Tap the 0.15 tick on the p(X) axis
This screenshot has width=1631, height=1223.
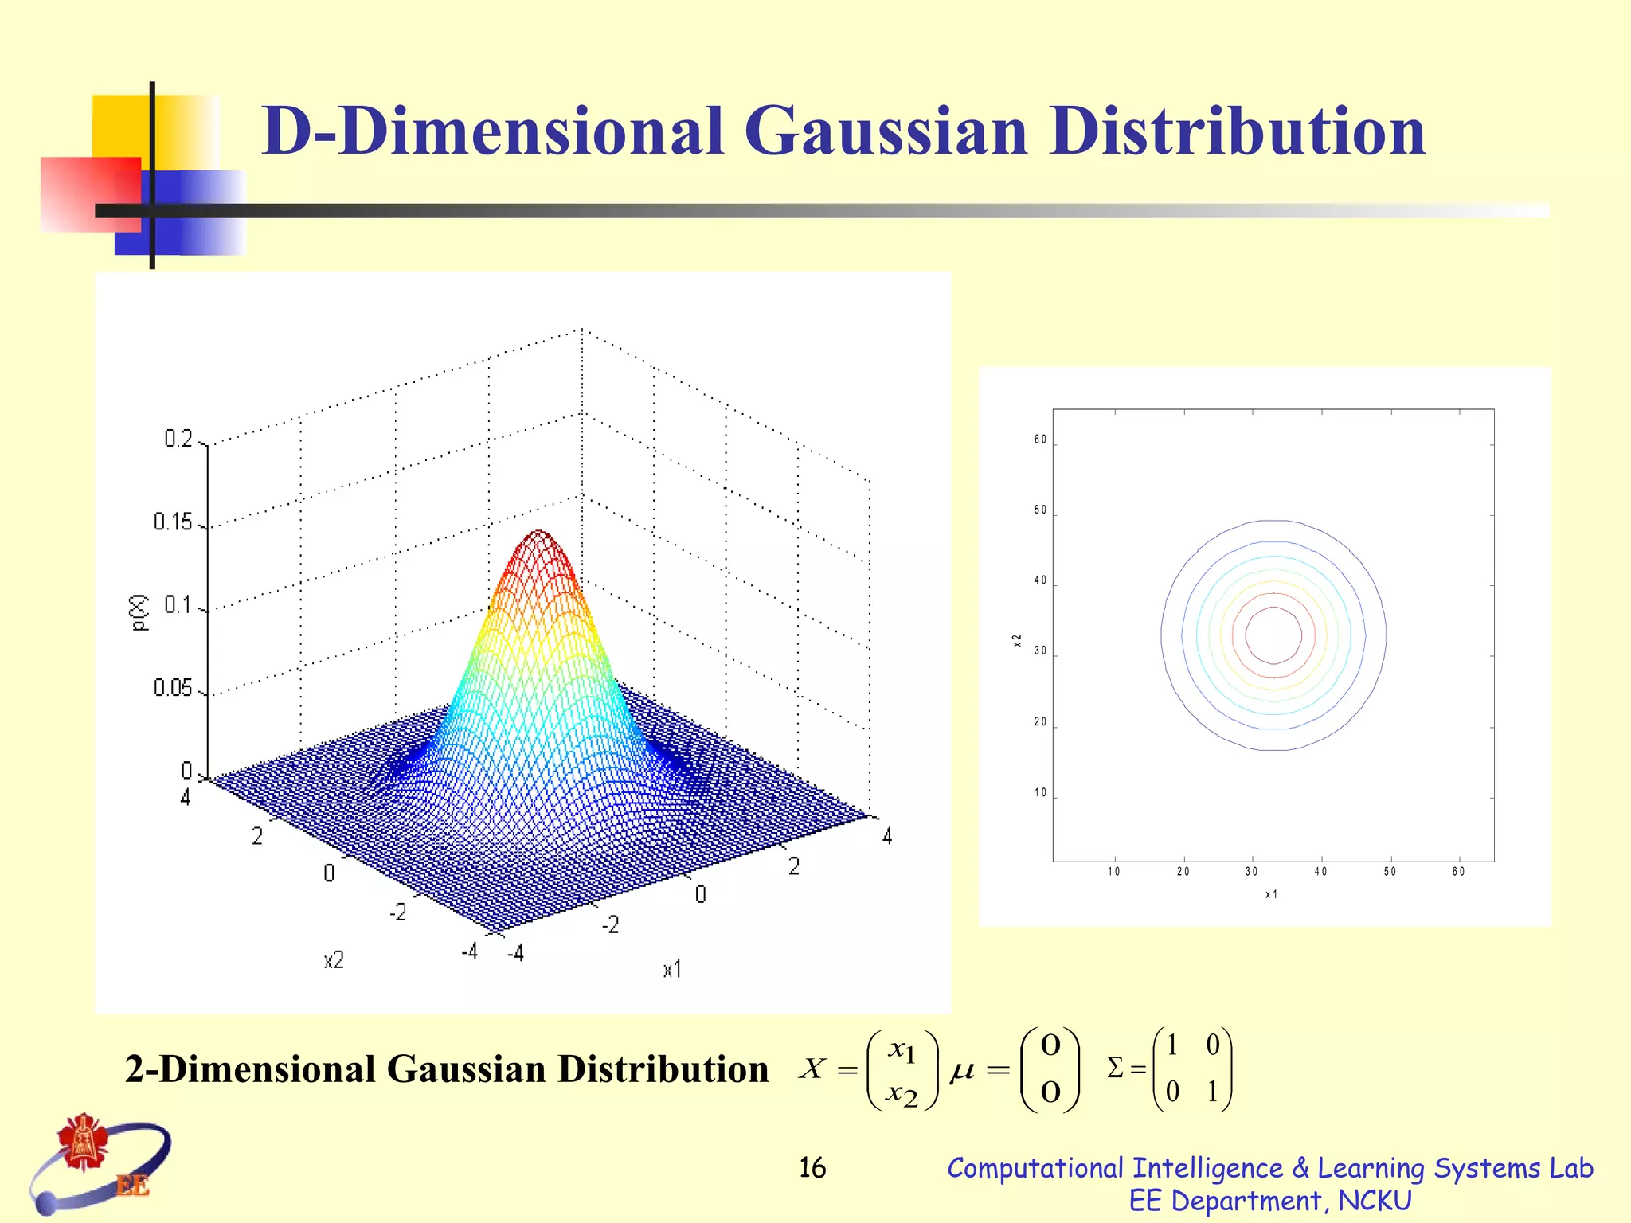click(x=173, y=522)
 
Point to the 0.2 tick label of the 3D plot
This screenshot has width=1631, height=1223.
click(x=178, y=439)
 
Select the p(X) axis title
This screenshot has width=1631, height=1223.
click(x=140, y=612)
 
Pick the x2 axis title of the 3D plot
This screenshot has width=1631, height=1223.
click(x=334, y=960)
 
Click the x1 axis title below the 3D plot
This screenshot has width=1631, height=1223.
click(x=672, y=969)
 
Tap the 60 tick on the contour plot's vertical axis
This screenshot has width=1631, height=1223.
click(x=1040, y=440)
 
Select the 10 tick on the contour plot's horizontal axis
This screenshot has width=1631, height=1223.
click(x=1113, y=872)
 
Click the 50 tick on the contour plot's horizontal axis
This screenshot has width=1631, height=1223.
click(x=1390, y=872)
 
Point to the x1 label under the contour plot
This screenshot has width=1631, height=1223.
click(x=1271, y=894)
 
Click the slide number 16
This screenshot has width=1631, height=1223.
click(x=812, y=1168)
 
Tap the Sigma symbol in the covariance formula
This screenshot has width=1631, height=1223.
click(x=1115, y=1068)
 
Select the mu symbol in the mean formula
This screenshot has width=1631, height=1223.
click(x=962, y=1072)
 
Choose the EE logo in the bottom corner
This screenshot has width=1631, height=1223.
click(x=100, y=1162)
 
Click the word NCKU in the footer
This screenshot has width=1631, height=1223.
click(x=1375, y=1201)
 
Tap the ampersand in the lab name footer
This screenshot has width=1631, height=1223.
click(x=1300, y=1168)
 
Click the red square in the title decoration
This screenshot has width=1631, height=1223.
click(x=89, y=193)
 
